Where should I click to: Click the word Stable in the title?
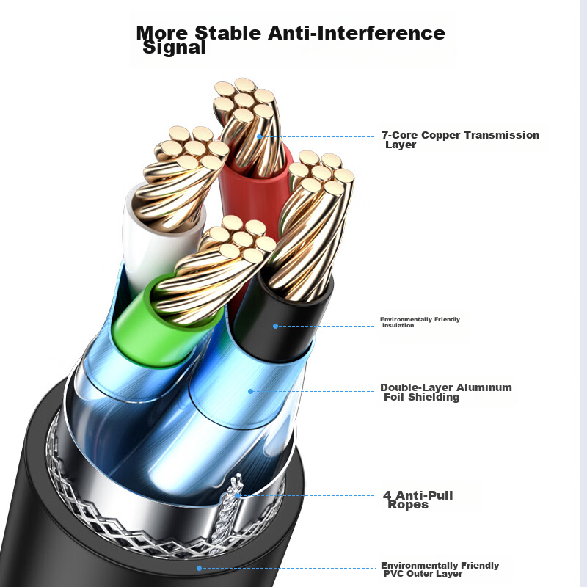click(228, 33)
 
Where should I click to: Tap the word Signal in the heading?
click(175, 48)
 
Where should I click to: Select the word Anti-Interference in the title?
click(357, 33)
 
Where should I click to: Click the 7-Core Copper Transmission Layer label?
click(460, 139)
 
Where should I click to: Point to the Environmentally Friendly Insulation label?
click(420, 322)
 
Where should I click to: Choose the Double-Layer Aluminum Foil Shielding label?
click(446, 392)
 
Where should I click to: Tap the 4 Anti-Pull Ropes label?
click(418, 500)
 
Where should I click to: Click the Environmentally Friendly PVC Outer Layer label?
click(440, 569)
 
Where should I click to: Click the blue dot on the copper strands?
click(260, 137)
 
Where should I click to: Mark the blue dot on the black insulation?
click(276, 326)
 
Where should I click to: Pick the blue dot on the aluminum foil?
click(251, 392)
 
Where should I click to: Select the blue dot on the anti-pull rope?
click(237, 496)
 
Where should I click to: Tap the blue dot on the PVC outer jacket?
click(199, 568)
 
